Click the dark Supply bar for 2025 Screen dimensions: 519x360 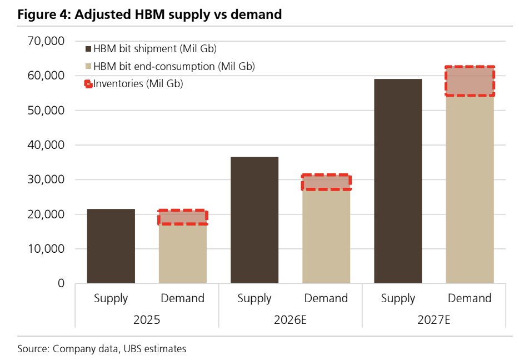(x=111, y=246)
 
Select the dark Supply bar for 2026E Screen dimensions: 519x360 (x=254, y=220)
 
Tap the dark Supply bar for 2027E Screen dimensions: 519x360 (x=398, y=181)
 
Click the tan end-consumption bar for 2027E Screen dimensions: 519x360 (x=470, y=189)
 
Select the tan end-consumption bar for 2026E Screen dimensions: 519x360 (x=326, y=237)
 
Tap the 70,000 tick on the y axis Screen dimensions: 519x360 (x=46, y=41)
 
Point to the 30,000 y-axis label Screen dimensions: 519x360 (x=46, y=179)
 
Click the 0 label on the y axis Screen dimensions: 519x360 (x=61, y=283)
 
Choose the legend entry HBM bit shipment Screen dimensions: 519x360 (x=151, y=49)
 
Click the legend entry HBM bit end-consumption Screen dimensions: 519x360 (x=170, y=67)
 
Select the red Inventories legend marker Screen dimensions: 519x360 (x=88, y=84)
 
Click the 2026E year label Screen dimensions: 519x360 (x=290, y=320)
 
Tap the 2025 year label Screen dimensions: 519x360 (x=147, y=320)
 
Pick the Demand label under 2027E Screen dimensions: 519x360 (x=470, y=298)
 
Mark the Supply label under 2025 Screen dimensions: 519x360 (x=111, y=299)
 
